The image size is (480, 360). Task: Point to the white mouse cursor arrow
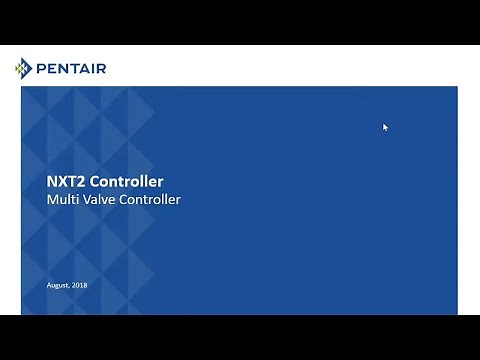click(x=385, y=127)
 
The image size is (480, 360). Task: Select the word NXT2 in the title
click(x=66, y=182)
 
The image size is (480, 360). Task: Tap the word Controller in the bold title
click(x=126, y=182)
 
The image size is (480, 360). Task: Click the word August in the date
click(x=58, y=286)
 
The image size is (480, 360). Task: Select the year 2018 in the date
click(x=80, y=286)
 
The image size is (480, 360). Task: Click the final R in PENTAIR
click(x=101, y=68)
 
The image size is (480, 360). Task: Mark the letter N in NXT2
click(x=53, y=182)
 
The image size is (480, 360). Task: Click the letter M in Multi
click(x=53, y=200)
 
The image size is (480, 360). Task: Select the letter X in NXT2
click(x=63, y=182)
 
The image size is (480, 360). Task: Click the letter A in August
click(x=49, y=286)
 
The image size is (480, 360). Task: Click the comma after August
click(x=69, y=288)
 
